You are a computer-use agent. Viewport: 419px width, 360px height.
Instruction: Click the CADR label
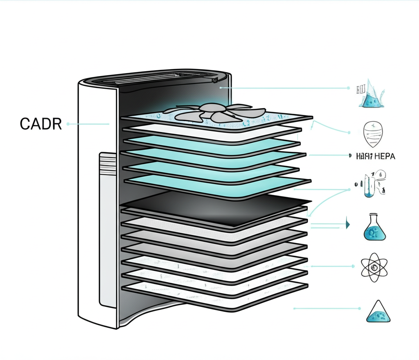[x=41, y=124]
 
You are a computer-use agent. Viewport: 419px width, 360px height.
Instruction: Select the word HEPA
[x=385, y=156]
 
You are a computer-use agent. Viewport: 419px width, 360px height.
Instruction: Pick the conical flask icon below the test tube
[x=374, y=227]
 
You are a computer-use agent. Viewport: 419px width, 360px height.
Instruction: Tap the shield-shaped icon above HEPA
[x=374, y=134]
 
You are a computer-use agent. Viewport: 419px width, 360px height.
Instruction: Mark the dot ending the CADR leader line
[x=68, y=124]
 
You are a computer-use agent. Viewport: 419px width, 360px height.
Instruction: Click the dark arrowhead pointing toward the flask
[x=348, y=224]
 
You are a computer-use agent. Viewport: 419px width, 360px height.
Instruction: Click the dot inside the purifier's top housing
[x=221, y=87]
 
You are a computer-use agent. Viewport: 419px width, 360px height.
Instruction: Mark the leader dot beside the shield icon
[x=349, y=133]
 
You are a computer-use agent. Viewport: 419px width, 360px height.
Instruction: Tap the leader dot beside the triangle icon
[x=359, y=308]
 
